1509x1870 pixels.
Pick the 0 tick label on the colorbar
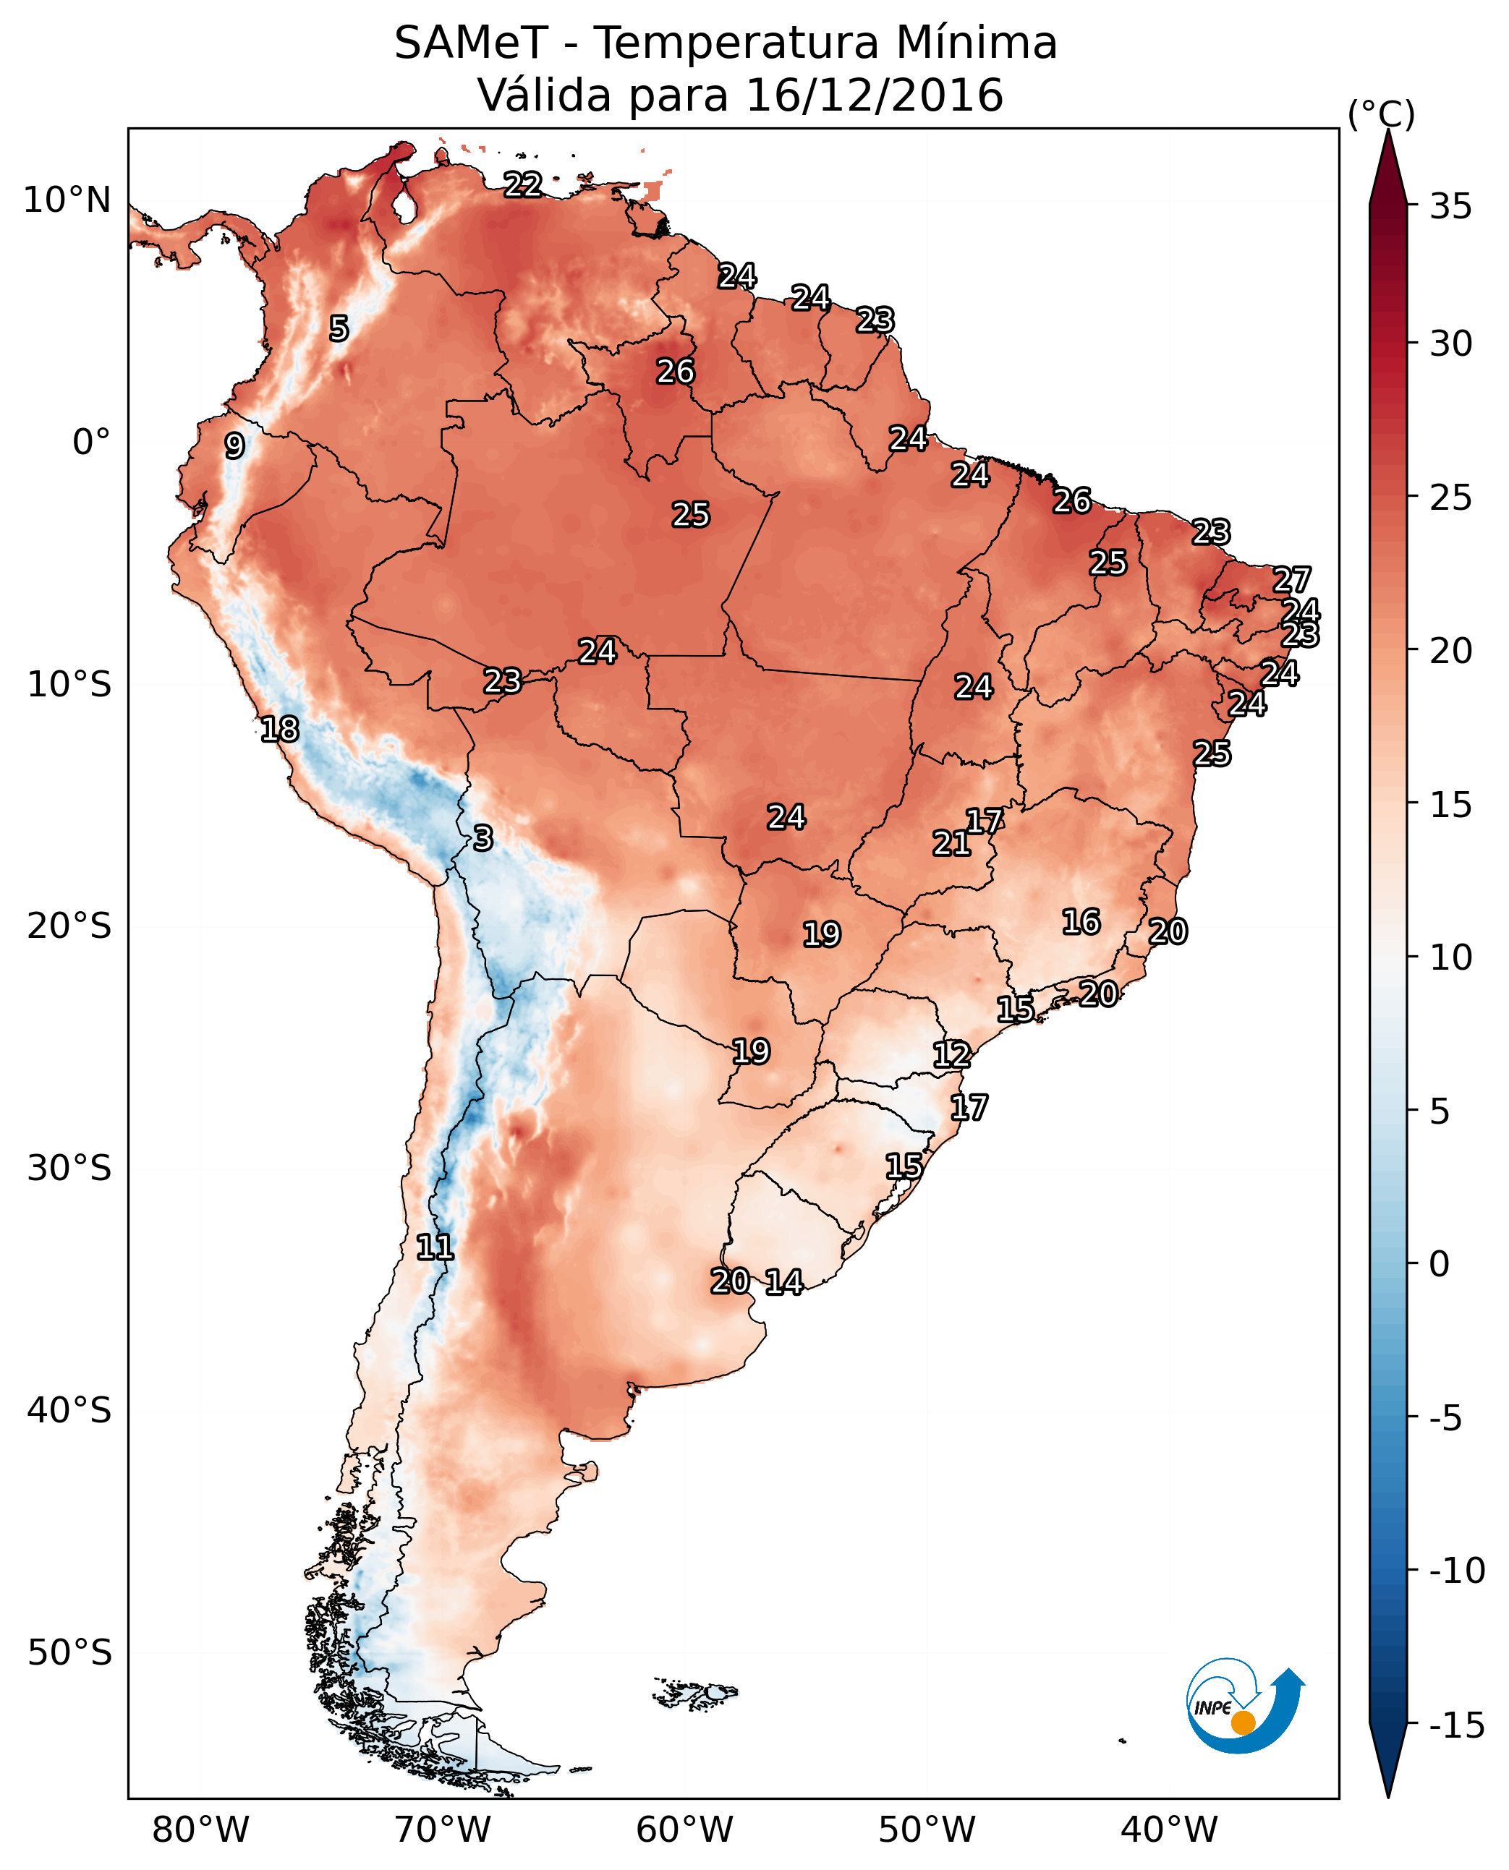click(x=1440, y=1264)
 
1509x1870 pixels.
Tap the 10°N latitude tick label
click(x=67, y=201)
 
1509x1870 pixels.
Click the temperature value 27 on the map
click(x=1292, y=580)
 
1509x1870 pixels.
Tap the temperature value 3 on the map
click(x=483, y=837)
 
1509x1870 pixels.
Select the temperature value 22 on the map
click(x=523, y=184)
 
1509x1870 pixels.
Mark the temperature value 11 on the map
click(x=435, y=1248)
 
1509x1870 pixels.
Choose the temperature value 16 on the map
click(x=1081, y=922)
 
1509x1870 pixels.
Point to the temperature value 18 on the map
click(x=280, y=729)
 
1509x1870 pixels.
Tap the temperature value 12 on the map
click(x=952, y=1055)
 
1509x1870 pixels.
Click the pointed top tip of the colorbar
click(x=1388, y=133)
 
